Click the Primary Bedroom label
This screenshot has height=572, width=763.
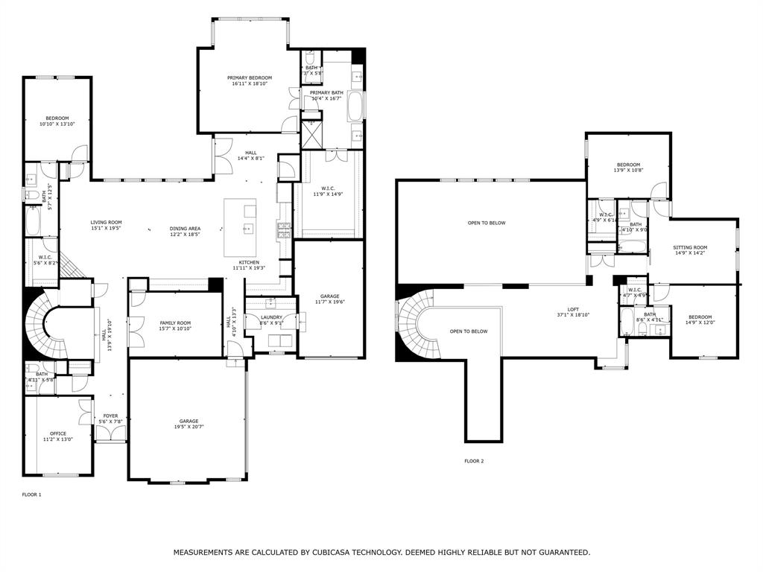click(x=250, y=78)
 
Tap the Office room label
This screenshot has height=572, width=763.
click(x=58, y=433)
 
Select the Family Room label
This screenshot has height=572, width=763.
click(x=175, y=323)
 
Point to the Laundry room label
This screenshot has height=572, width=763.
click(x=271, y=317)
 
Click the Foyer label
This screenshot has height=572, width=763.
click(x=110, y=416)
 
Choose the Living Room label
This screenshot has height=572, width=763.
click(x=107, y=223)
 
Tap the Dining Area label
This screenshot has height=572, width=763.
click(x=185, y=229)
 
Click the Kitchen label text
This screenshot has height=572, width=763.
click(x=249, y=262)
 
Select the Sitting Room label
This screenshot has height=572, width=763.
click(x=690, y=247)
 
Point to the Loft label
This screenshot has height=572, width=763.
click(x=573, y=310)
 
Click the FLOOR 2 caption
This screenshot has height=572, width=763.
click(x=474, y=461)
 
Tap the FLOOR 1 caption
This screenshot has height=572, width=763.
click(x=32, y=495)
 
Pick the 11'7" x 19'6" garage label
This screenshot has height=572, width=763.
click(x=329, y=302)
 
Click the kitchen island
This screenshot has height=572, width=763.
click(x=240, y=227)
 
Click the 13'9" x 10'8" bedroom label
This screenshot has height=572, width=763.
click(x=628, y=171)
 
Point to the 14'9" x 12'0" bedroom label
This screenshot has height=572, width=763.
click(x=700, y=322)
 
